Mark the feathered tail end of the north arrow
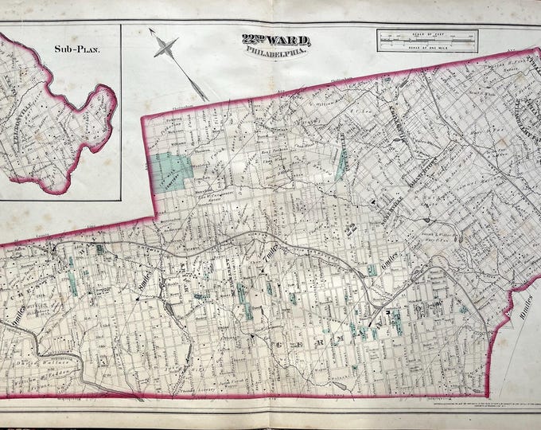coord(204,99)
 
